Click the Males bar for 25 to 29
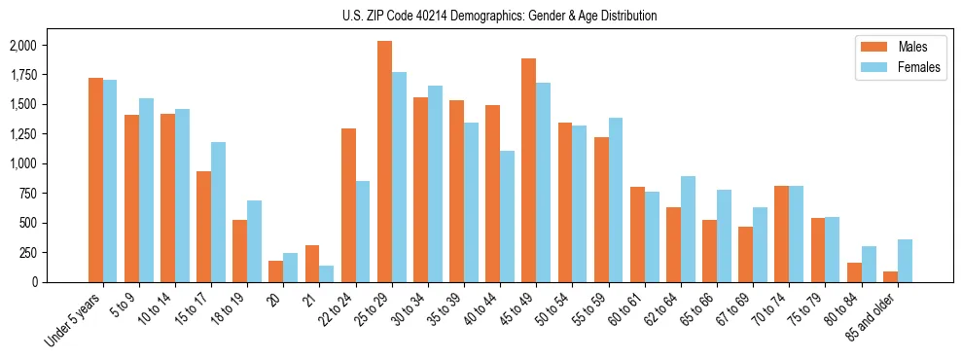[x=384, y=162]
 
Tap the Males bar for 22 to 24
[x=348, y=205]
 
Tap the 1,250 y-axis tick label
[x=23, y=134]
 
